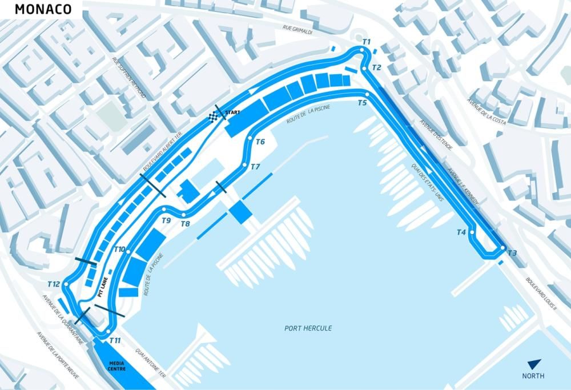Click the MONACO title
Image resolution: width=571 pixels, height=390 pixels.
43,10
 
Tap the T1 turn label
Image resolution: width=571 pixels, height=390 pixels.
367,42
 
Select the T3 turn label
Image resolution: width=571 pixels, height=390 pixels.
512,253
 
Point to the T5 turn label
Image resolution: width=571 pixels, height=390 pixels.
363,103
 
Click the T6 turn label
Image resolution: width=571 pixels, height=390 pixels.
260,142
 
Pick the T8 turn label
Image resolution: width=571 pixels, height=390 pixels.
185,224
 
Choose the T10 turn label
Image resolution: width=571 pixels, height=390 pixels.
119,250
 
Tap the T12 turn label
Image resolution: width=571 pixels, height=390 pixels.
54,284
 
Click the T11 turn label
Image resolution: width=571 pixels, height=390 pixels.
115,341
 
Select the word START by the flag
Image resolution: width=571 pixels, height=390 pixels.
231,112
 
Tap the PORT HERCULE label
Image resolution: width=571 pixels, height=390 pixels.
308,328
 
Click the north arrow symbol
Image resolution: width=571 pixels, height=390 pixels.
534,364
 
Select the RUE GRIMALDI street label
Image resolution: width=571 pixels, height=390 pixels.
297,29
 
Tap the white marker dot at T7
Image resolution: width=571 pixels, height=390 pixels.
244,166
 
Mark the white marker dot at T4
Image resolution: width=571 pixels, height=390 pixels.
472,232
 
